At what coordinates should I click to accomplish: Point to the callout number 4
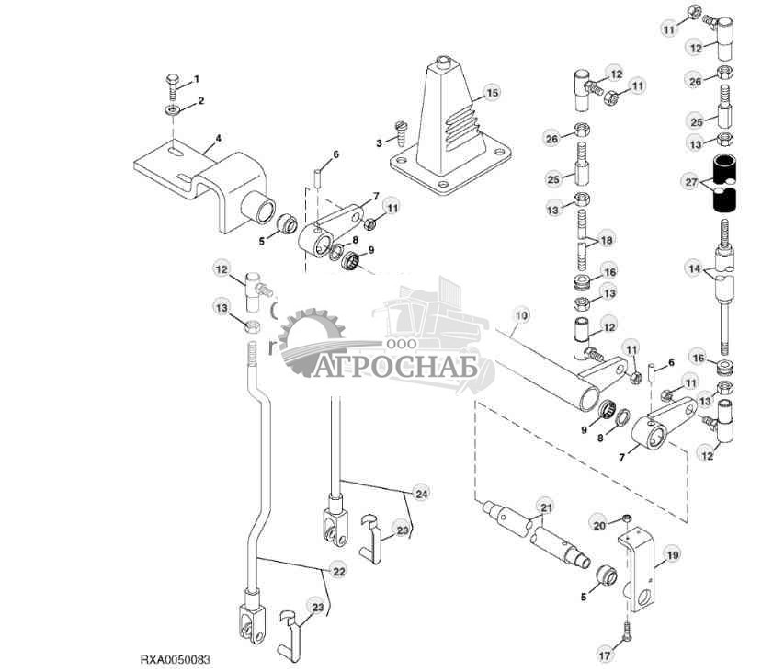[x=218, y=141]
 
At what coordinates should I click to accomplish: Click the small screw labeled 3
[x=398, y=140]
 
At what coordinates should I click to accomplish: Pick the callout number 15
[x=493, y=93]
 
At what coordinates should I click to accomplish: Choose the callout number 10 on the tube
[x=521, y=316]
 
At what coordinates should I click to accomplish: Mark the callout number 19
[x=672, y=555]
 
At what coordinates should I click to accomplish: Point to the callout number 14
[x=694, y=270]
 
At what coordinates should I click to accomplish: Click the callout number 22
[x=339, y=571]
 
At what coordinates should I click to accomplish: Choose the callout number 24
[x=422, y=494]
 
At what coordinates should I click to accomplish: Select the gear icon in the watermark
[x=308, y=340]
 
